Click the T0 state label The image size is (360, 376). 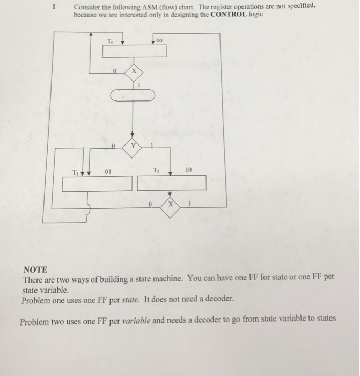point(111,41)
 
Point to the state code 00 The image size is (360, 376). point(160,40)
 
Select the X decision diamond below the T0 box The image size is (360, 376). point(134,71)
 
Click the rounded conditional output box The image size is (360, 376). point(133,96)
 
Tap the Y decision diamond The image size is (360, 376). point(133,147)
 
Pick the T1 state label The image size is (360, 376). point(78,172)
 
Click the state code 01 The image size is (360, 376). point(108,172)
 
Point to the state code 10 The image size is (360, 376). point(188,170)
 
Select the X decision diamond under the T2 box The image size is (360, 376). point(170,204)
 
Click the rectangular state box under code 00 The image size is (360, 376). point(135,51)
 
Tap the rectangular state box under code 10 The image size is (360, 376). point(172,183)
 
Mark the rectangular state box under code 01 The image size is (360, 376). point(96,184)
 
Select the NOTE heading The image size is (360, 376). point(35,270)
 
